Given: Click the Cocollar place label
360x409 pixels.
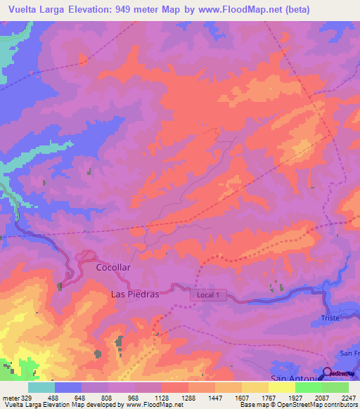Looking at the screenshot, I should point(113,268).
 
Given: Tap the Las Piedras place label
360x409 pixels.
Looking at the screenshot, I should point(136,294).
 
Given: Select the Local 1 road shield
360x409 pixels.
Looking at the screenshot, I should point(208,295).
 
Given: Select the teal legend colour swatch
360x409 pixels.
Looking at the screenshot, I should point(41,387).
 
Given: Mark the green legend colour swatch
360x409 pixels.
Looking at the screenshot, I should point(335,387).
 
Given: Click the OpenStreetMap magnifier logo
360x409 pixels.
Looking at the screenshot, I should point(328,373).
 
